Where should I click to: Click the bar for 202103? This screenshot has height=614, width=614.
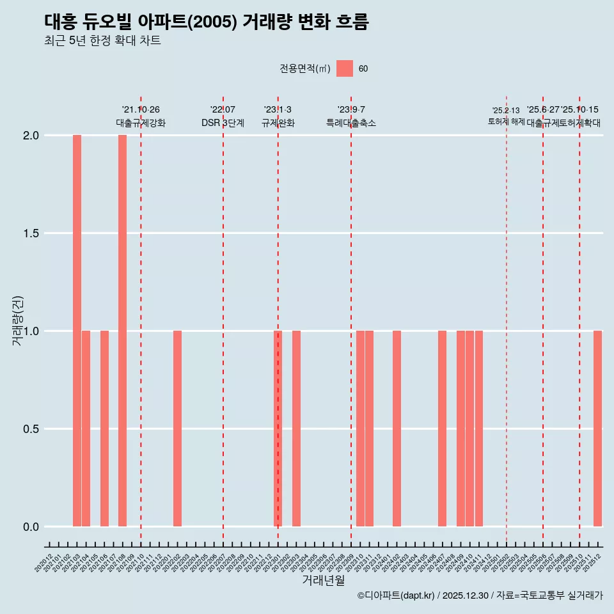77,331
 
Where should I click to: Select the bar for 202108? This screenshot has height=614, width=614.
122,331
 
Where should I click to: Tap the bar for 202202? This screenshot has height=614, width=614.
177,429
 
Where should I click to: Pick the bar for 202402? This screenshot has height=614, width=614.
397,429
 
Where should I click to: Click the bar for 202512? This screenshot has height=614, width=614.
597,429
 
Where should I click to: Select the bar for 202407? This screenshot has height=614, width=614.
442,429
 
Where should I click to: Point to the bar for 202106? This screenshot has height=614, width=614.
104,429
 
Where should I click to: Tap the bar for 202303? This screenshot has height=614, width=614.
296,429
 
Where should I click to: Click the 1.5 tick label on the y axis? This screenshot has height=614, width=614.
30,233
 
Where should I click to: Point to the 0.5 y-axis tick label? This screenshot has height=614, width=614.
30,429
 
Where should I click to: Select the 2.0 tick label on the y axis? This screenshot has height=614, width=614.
30,136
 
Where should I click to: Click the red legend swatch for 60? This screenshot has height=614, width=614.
345,68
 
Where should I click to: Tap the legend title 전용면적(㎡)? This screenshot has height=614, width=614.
305,69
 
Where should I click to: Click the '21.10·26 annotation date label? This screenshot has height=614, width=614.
141,110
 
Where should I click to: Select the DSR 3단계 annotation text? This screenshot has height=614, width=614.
223,123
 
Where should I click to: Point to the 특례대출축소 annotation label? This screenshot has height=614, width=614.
351,123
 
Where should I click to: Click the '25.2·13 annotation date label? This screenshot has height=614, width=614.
506,111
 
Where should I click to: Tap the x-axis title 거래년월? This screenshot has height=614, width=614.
324,581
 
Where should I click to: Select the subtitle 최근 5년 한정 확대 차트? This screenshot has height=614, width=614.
102,41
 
